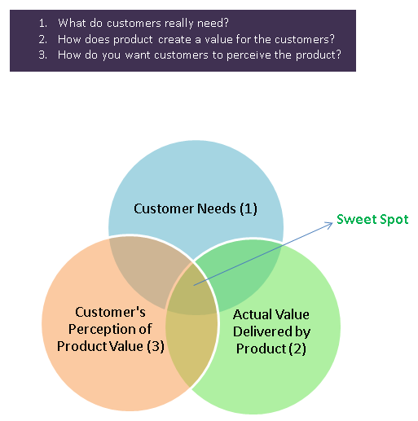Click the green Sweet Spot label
pyautogui.click(x=372, y=219)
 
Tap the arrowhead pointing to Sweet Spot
pyautogui.click(x=330, y=225)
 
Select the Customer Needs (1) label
pyautogui.click(x=196, y=208)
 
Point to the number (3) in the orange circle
pyautogui.click(x=156, y=346)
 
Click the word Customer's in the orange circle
pyautogui.click(x=110, y=312)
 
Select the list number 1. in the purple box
pyautogui.click(x=43, y=23)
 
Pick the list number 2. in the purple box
pyautogui.click(x=43, y=40)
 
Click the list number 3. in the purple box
pyautogui.click(x=43, y=55)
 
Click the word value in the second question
pyautogui.click(x=218, y=40)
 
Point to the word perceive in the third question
pyautogui.click(x=249, y=55)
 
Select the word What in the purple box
pyautogui.click(x=72, y=23)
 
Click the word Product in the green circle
pyautogui.click(x=261, y=349)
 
